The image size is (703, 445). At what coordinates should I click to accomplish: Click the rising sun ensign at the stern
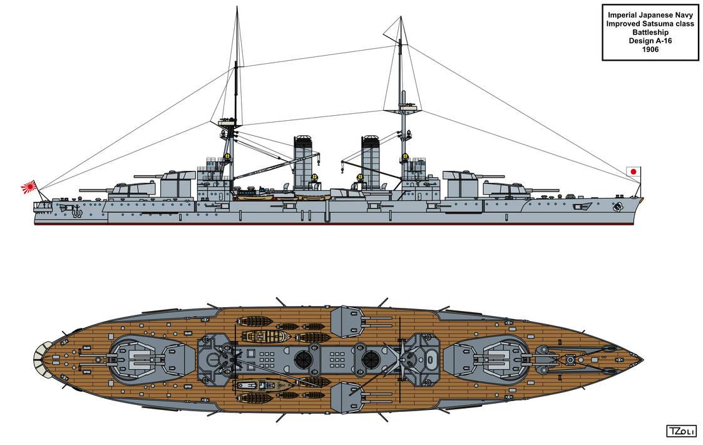(29, 187)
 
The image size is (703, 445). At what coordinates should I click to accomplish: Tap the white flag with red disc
(634, 171)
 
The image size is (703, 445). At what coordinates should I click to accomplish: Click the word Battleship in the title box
(650, 33)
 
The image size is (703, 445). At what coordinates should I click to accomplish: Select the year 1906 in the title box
(650, 49)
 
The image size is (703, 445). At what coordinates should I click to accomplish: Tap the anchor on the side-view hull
(76, 211)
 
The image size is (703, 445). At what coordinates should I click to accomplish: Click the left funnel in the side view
(303, 161)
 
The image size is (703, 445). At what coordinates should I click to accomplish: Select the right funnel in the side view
(371, 161)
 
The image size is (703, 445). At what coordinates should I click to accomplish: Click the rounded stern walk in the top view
(41, 359)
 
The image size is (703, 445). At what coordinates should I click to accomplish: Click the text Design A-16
(650, 41)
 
